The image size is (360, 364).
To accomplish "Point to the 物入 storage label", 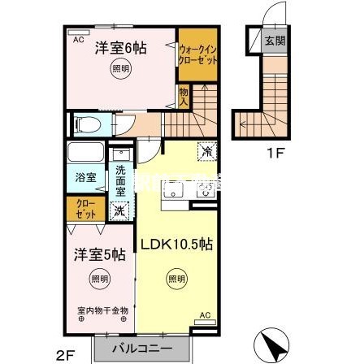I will pos(184,97).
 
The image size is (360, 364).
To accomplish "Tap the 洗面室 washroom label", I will pos(119,180).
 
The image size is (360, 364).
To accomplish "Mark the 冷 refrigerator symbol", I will pos(207,150).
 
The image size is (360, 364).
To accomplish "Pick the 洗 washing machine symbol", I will pos(119,210).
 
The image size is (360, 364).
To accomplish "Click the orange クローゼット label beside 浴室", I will pos(85,208).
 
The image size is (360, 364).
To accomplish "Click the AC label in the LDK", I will pos(206,314).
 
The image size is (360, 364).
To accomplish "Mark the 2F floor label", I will pos(66,353).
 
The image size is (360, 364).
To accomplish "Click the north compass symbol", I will pos(270,347).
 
